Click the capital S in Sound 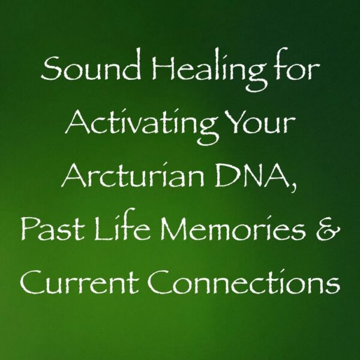[x=46, y=74]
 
